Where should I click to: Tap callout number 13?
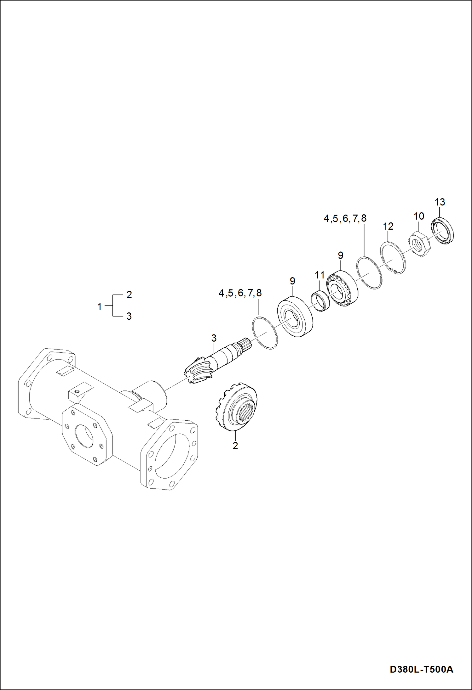[440, 202]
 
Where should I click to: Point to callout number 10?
[419, 216]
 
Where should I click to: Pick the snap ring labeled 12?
[393, 257]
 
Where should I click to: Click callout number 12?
[388, 226]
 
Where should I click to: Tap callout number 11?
[319, 275]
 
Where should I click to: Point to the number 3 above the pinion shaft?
[214, 338]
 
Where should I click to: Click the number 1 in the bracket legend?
[100, 306]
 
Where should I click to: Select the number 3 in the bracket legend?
[129, 316]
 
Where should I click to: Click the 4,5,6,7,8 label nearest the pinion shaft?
[240, 293]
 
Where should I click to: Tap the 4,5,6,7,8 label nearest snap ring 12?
[345, 218]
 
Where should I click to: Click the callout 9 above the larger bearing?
[292, 281]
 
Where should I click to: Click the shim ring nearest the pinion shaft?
[265, 333]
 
